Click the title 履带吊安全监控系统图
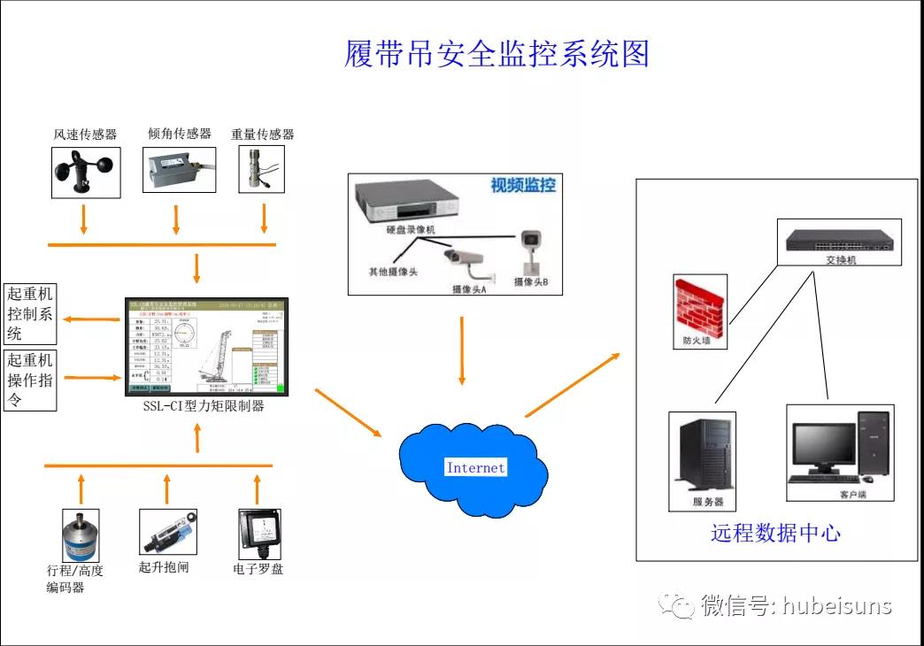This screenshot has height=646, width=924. pyautogui.click(x=497, y=54)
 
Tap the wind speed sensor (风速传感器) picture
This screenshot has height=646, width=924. pyautogui.click(x=84, y=172)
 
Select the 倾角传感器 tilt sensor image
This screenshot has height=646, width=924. pyautogui.click(x=179, y=169)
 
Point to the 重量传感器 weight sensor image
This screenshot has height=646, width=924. pyautogui.click(x=263, y=169)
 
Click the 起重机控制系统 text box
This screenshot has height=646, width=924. pyautogui.click(x=30, y=314)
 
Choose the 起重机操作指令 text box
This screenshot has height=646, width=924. pyautogui.click(x=30, y=381)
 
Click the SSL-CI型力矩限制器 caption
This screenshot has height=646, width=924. pyautogui.click(x=204, y=407)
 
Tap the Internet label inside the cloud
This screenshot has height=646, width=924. pyautogui.click(x=475, y=467)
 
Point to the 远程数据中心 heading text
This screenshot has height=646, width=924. pyautogui.click(x=775, y=533)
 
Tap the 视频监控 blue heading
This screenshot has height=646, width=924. pyautogui.click(x=523, y=186)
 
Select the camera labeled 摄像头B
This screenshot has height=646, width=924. pyautogui.click(x=531, y=251)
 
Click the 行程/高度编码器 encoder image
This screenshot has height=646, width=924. pyautogui.click(x=81, y=534)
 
